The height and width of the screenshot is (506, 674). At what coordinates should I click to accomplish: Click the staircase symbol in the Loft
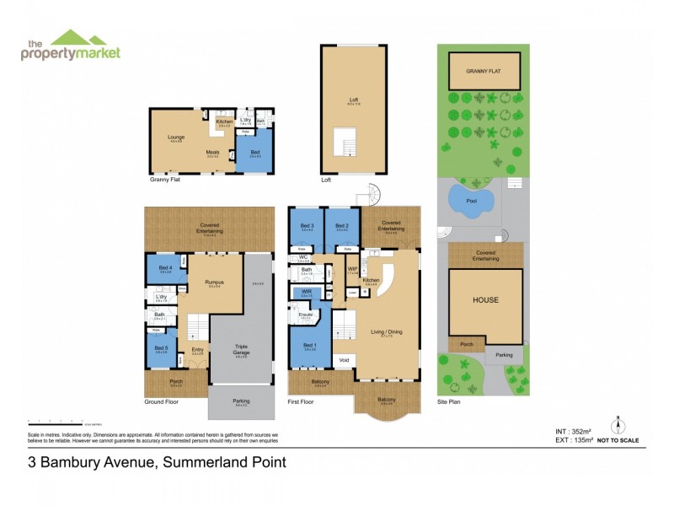345,143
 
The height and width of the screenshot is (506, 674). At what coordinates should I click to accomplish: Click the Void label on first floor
344,360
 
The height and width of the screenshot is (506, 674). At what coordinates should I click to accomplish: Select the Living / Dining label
386,331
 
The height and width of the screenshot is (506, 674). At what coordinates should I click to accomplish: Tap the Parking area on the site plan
503,355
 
